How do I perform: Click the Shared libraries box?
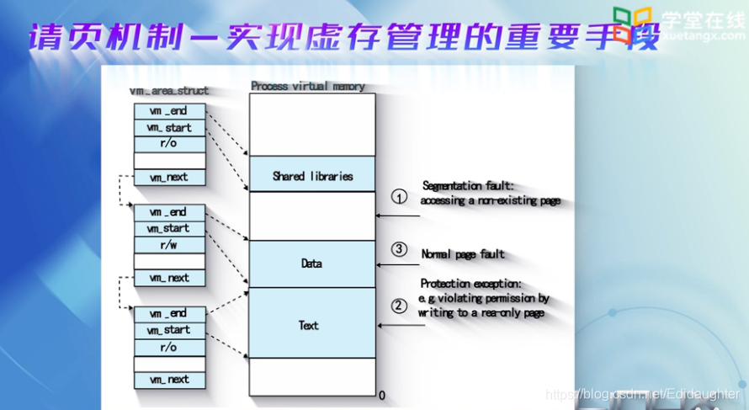(x=312, y=176)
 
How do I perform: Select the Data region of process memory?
(x=312, y=264)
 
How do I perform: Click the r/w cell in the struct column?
(x=169, y=245)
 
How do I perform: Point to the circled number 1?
(x=400, y=197)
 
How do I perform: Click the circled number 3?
(x=400, y=249)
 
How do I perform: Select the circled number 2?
(x=400, y=306)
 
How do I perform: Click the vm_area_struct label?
(x=169, y=90)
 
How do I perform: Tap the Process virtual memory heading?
(x=307, y=86)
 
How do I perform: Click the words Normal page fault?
(x=463, y=253)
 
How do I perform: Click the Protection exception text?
(x=471, y=284)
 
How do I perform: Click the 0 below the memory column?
(x=381, y=395)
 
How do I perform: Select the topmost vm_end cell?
(x=169, y=111)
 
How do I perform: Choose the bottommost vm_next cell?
(x=169, y=380)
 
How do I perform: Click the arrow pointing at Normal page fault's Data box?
(x=398, y=265)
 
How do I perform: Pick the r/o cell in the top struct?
(x=169, y=144)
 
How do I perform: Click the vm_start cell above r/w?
(x=169, y=228)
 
